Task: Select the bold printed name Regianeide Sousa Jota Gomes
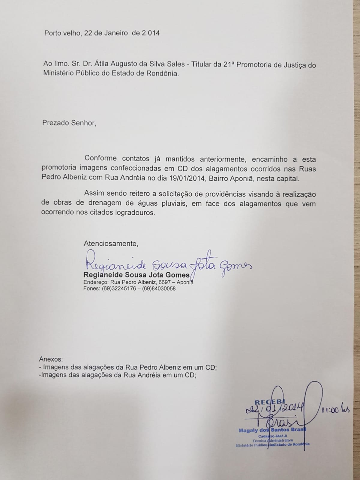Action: (x=136, y=275)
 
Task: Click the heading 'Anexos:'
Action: (x=51, y=359)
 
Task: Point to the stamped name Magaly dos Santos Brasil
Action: (x=272, y=430)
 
